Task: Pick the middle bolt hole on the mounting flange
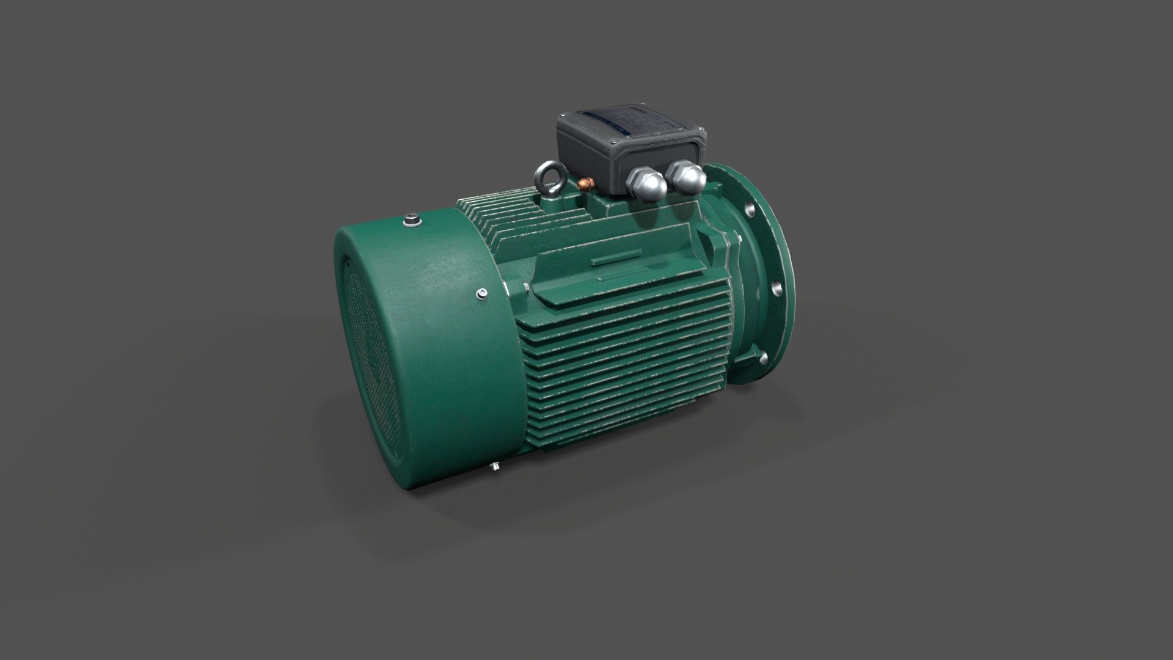(x=775, y=287)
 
